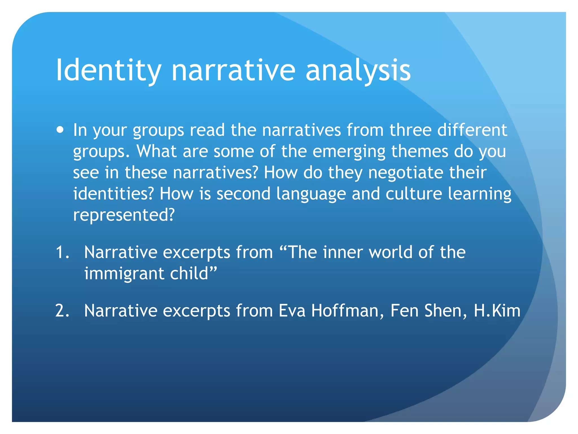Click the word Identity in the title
[x=109, y=71]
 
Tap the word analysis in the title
[x=358, y=71]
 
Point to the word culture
[x=414, y=194]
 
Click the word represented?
[x=124, y=215]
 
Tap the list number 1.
[x=62, y=252]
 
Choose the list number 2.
[x=62, y=311]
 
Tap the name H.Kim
[x=497, y=311]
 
